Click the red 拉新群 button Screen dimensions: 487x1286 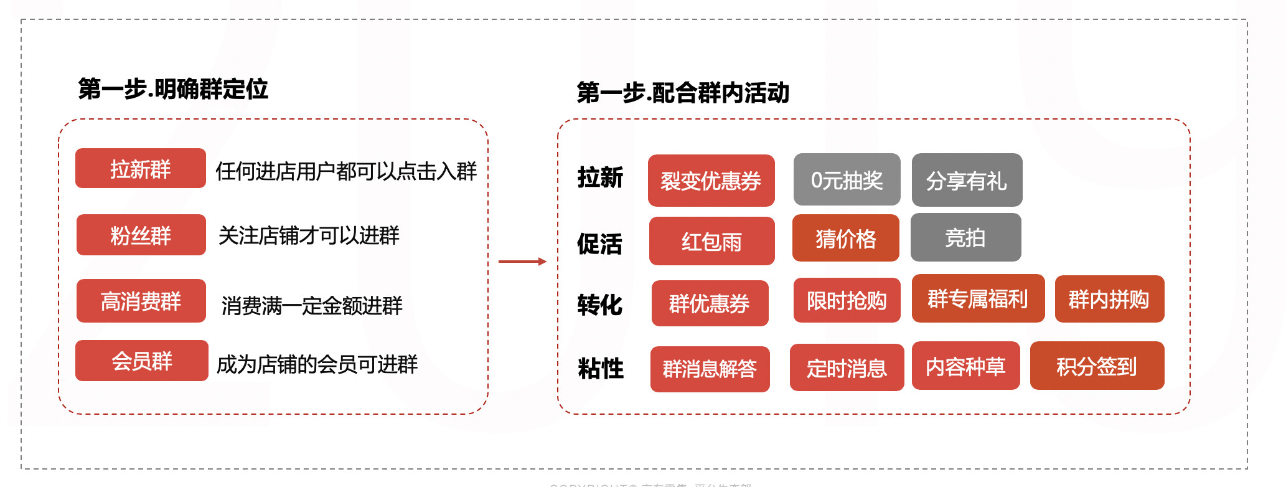click(140, 168)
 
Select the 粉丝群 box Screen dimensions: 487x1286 click(141, 235)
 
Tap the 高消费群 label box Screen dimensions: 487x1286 click(141, 301)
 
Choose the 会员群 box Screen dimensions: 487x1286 click(141, 361)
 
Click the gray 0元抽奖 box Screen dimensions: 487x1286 click(847, 179)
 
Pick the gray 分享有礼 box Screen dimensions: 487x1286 click(967, 180)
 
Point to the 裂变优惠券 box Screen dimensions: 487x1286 click(711, 181)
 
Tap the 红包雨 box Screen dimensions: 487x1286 click(711, 241)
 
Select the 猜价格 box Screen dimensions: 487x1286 click(845, 238)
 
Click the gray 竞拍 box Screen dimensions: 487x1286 click(965, 237)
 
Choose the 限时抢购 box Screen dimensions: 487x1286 click(847, 300)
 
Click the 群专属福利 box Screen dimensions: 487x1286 click(978, 298)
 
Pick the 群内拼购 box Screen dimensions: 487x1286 click(1109, 299)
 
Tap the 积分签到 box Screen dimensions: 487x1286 click(1097, 366)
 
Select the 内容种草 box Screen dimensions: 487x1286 click(965, 366)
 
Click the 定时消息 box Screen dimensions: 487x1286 click(847, 367)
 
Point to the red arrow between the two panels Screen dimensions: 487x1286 click(522, 262)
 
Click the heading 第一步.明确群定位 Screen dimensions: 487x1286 click(173, 89)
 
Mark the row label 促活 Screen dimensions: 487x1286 click(599, 243)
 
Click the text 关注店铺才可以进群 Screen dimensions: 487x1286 click(309, 235)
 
